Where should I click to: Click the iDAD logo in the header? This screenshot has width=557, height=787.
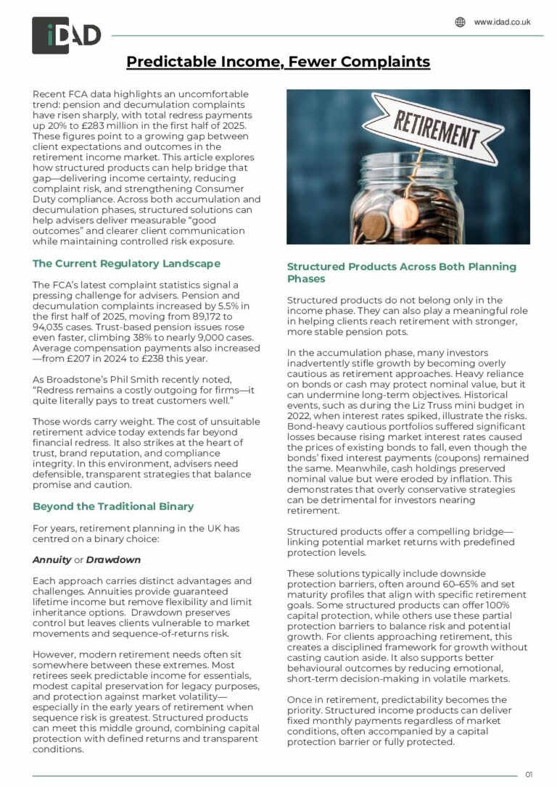pyautogui.click(x=66, y=35)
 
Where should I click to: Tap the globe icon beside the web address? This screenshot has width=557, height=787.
pyautogui.click(x=460, y=22)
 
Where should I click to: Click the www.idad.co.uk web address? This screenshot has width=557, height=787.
pyautogui.click(x=502, y=22)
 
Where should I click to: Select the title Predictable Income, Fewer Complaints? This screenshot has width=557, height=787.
pyautogui.click(x=278, y=62)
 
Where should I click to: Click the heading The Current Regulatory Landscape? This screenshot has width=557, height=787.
pyautogui.click(x=126, y=263)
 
